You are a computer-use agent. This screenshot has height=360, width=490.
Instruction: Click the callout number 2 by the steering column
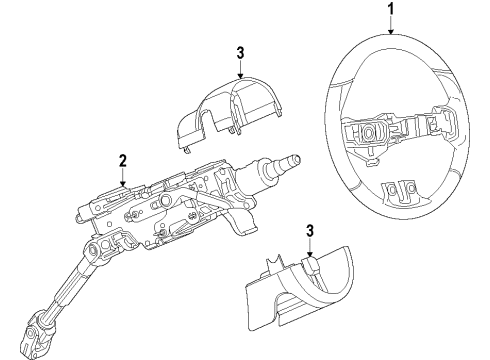122,159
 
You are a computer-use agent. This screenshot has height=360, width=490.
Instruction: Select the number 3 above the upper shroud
241,52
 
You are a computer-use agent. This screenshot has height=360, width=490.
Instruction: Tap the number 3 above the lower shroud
311,231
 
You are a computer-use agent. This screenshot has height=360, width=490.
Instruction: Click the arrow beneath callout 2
122,178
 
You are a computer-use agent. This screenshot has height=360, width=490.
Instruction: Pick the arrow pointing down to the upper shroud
241,70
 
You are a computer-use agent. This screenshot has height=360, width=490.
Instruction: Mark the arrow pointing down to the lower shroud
311,250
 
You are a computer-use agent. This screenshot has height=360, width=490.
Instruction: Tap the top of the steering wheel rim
390,38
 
